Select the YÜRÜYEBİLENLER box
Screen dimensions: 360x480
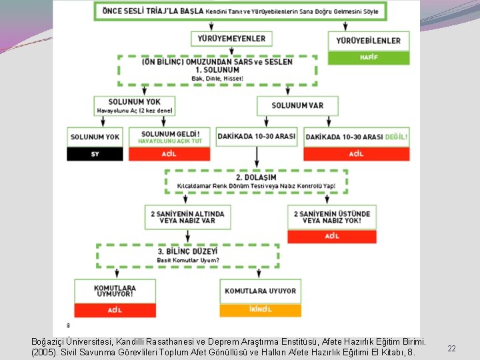click(x=369, y=40)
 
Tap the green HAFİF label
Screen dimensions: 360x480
click(x=369, y=57)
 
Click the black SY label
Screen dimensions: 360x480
click(x=95, y=154)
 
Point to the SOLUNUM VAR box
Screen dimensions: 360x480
click(x=297, y=105)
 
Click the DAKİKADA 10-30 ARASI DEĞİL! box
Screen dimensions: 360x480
click(x=357, y=137)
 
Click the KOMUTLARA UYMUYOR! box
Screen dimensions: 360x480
click(x=114, y=291)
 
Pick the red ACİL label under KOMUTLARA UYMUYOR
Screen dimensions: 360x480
click(x=114, y=310)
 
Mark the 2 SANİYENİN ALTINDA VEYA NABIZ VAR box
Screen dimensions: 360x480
click(x=187, y=217)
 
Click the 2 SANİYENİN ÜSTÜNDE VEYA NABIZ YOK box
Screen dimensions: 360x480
click(x=331, y=217)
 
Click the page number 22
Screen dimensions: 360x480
click(x=451, y=349)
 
